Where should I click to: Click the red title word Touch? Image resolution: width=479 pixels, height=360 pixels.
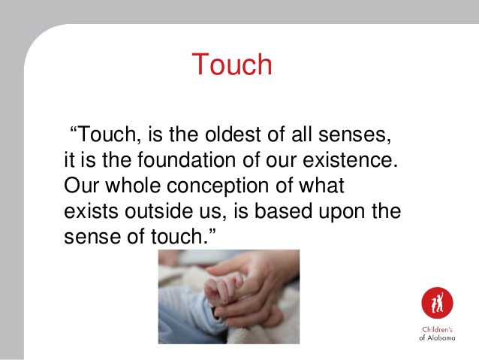(x=232, y=64)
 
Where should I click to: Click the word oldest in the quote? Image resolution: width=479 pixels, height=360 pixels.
(x=233, y=134)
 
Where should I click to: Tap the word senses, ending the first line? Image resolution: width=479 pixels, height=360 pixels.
(x=354, y=135)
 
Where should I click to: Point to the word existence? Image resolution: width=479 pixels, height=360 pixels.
(x=351, y=159)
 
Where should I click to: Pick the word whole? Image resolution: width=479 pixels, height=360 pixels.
(x=133, y=185)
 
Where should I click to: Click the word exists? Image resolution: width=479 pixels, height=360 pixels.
(x=91, y=210)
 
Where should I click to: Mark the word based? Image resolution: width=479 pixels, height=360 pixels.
(x=283, y=210)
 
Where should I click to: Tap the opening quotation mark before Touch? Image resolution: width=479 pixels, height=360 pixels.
(x=74, y=130)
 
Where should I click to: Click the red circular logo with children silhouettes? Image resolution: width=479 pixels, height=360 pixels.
(x=437, y=303)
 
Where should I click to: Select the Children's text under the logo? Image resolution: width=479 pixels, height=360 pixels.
(x=437, y=329)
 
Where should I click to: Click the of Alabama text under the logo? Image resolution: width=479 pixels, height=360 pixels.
(x=437, y=337)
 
